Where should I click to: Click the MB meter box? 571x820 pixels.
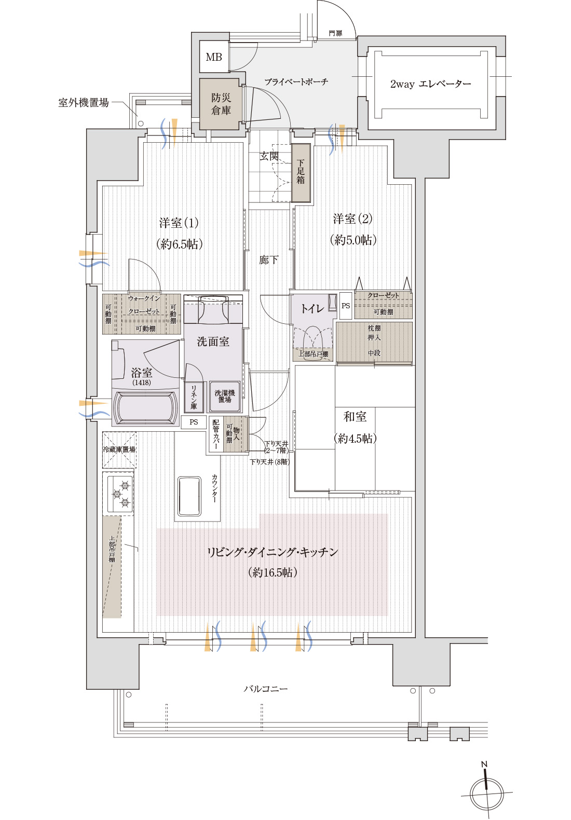(214, 57)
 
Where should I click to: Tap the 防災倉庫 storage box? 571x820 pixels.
(221, 104)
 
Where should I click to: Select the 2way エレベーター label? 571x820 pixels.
(430, 84)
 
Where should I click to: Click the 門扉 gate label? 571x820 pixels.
(335, 33)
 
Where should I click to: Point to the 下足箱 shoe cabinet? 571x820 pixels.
(301, 173)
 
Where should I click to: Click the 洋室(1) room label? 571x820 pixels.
(179, 223)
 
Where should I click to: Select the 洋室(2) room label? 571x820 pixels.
(352, 219)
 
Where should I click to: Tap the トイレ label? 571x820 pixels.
(312, 309)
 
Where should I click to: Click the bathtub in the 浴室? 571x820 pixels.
(145, 408)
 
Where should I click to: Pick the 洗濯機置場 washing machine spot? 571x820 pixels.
(225, 397)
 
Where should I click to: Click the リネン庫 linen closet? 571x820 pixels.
(194, 398)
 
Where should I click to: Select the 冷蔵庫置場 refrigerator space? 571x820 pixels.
(119, 449)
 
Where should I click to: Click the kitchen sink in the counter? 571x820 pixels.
(189, 496)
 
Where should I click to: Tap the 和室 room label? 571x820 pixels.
(355, 417)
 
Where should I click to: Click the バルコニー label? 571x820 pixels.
(266, 689)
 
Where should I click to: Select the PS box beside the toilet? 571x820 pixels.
(346, 306)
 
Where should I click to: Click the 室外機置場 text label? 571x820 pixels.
(84, 103)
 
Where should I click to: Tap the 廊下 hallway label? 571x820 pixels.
(268, 260)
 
